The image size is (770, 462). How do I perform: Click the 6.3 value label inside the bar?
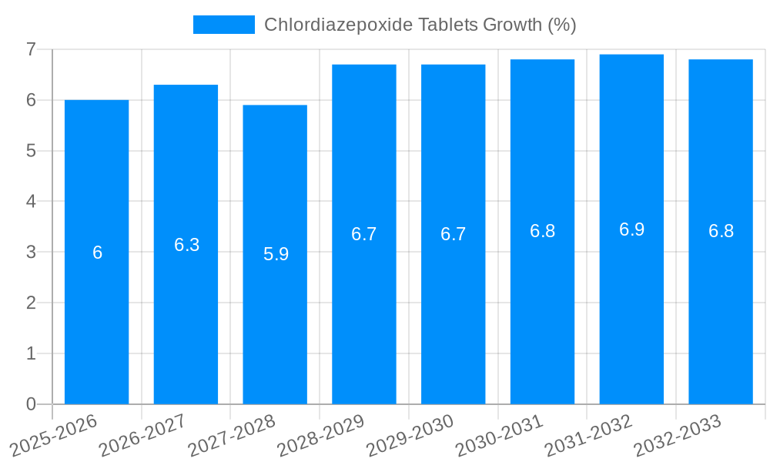(x=186, y=245)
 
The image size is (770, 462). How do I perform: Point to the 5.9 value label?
(x=276, y=254)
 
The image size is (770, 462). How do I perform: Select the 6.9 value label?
(x=631, y=229)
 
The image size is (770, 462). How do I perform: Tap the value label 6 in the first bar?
(x=97, y=253)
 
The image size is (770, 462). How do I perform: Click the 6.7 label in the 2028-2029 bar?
(x=363, y=234)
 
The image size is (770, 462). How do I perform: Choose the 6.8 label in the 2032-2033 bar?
(x=721, y=231)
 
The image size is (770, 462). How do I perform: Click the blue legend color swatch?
(x=223, y=25)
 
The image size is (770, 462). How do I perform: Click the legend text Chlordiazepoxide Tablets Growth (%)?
(x=420, y=25)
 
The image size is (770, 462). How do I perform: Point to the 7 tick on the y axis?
(x=31, y=49)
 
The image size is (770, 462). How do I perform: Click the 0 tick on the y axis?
(x=31, y=404)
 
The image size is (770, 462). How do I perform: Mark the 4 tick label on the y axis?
(x=31, y=202)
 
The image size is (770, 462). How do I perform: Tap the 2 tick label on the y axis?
(x=31, y=303)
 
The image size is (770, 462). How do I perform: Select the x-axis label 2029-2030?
(x=410, y=435)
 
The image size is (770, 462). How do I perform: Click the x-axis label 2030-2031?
(x=500, y=435)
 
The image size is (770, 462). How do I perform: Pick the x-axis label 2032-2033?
(x=678, y=435)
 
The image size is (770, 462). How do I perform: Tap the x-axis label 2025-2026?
(x=54, y=435)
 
